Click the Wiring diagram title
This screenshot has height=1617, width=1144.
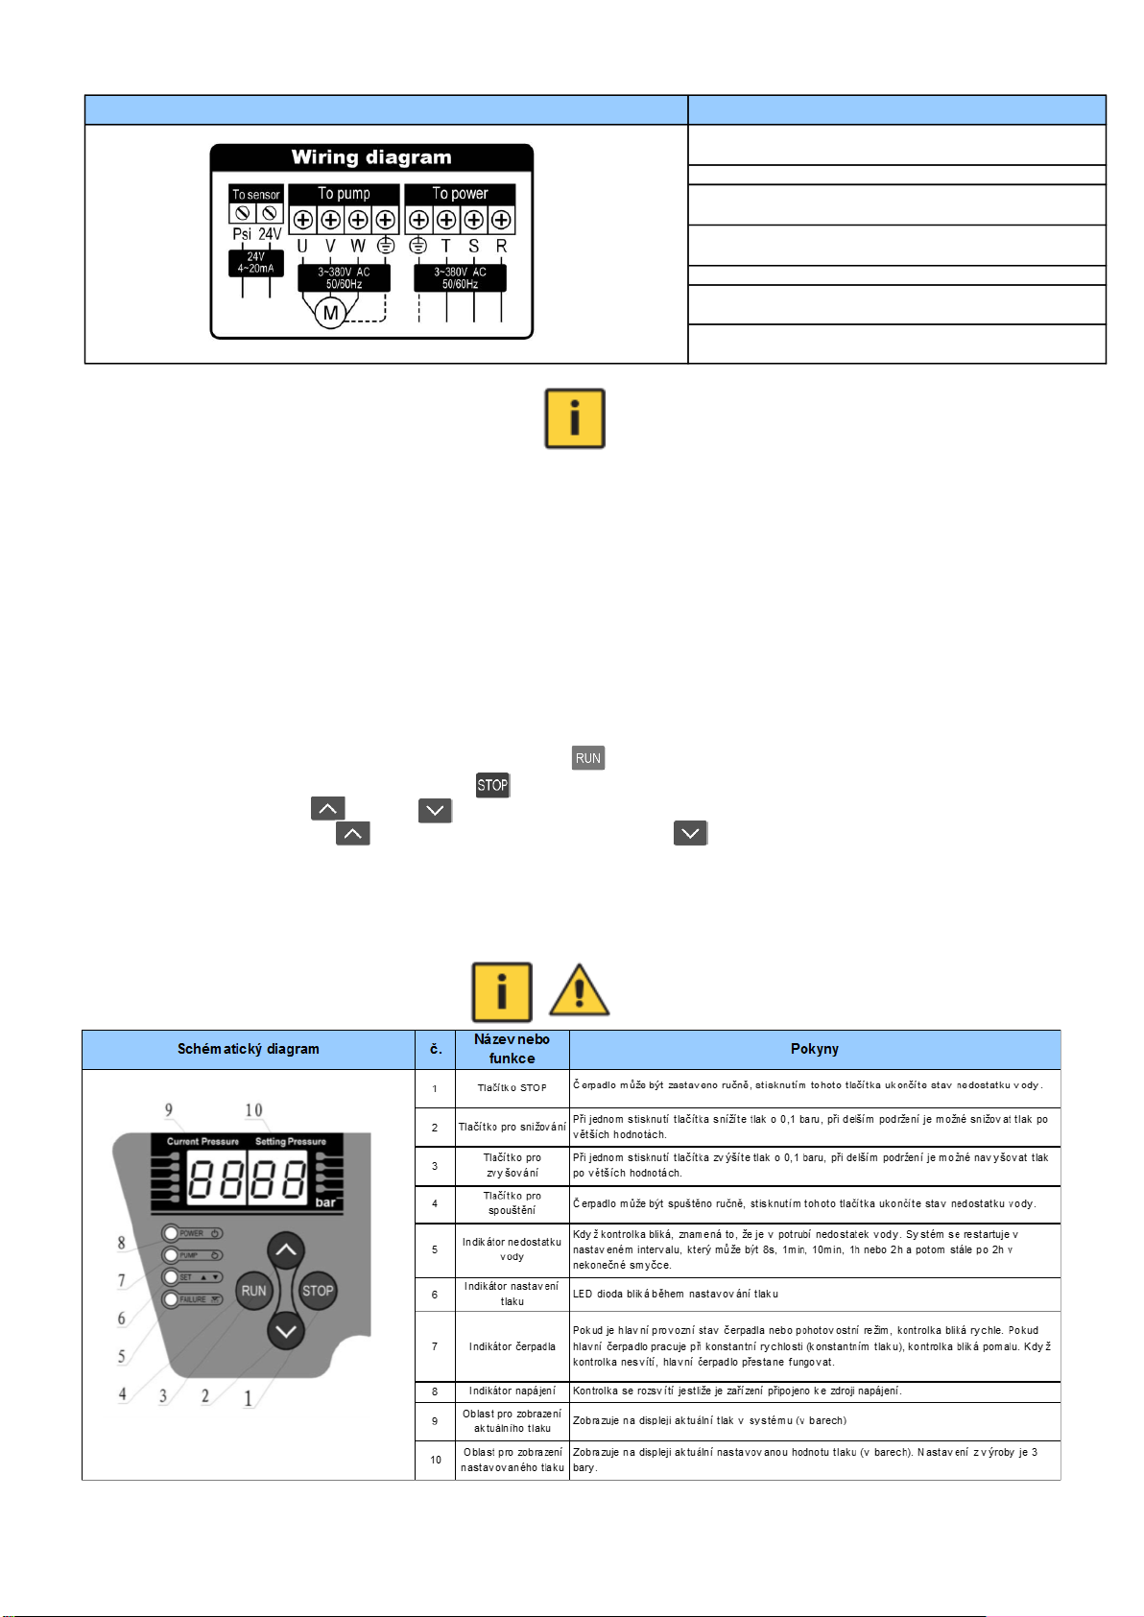[x=371, y=157]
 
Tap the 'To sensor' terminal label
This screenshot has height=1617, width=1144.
[x=256, y=195]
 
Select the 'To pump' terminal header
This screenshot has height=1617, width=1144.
[x=344, y=194]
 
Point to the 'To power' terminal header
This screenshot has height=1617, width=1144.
[x=460, y=194]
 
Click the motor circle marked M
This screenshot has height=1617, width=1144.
[x=330, y=313]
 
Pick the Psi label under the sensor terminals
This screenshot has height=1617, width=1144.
[x=242, y=234]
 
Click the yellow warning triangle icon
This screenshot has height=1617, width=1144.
[x=579, y=991]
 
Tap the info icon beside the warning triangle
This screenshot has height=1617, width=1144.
[x=501, y=991]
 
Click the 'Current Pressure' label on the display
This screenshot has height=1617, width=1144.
[x=203, y=1142]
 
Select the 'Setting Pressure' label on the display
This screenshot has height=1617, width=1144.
[x=291, y=1142]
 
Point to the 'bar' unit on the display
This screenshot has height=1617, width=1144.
[x=325, y=1202]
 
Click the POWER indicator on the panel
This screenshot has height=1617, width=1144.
[x=192, y=1233]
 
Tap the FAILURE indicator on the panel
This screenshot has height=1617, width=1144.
[x=192, y=1299]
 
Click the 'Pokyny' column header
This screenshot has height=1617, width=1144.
[x=814, y=1049]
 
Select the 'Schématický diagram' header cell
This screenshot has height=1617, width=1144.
[x=248, y=1049]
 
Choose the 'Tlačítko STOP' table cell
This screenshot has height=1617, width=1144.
[x=512, y=1088]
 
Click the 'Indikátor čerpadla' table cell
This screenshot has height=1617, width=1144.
[x=512, y=1346]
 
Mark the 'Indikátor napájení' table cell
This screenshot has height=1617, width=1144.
[x=512, y=1391]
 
